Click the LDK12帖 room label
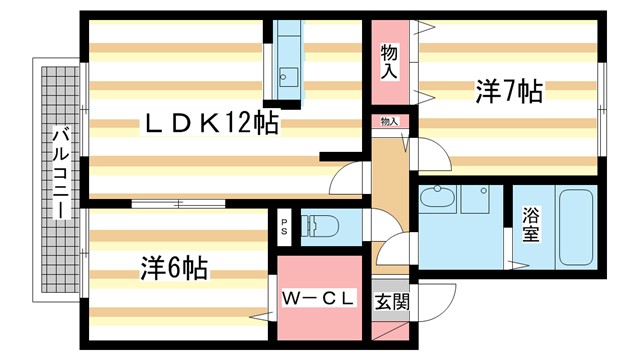212,124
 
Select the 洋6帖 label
174,268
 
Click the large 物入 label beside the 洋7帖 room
390,63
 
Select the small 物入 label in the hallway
389,122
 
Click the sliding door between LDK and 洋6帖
178,203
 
